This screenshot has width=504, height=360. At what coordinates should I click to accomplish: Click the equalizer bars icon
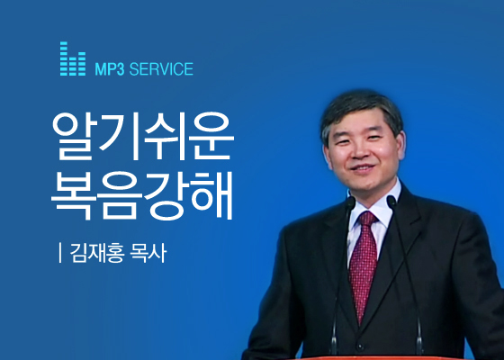coord(73,58)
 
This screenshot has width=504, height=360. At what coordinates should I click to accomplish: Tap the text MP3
coord(109,69)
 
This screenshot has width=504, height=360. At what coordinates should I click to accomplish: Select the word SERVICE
coord(161,69)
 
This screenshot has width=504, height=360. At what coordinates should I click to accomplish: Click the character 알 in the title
coord(74,136)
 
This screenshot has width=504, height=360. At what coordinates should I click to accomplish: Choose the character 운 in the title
coord(211,136)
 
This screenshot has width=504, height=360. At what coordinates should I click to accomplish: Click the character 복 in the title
coord(74,195)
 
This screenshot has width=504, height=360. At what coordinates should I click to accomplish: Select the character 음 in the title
coord(120,195)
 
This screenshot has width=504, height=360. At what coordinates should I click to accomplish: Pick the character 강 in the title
coord(166,196)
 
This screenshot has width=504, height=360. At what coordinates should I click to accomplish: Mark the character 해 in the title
coord(211,195)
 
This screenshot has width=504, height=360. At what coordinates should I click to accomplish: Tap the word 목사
coord(148,253)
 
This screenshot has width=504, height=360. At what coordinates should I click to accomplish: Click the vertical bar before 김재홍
coord(60,253)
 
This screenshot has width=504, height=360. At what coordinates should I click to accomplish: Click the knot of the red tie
coord(368,219)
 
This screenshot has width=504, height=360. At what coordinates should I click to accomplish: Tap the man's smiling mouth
coord(363,167)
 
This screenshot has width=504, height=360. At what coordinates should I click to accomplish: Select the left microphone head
coord(351,202)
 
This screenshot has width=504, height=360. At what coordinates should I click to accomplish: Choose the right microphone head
coord(391,202)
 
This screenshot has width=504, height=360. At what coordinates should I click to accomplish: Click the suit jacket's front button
coord(360,346)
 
